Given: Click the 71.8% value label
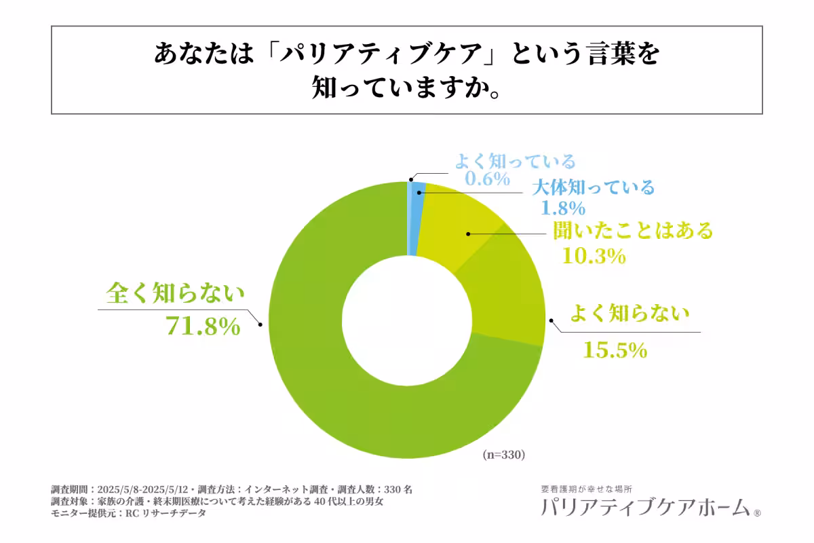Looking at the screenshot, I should [x=203, y=326].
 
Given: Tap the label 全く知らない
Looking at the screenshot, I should [x=174, y=294].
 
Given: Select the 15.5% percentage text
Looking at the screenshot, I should [x=615, y=350].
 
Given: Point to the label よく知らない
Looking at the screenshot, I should [x=629, y=314].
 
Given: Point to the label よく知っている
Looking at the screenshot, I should [x=515, y=162].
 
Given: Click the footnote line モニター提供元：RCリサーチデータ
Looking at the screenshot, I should [x=128, y=514].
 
